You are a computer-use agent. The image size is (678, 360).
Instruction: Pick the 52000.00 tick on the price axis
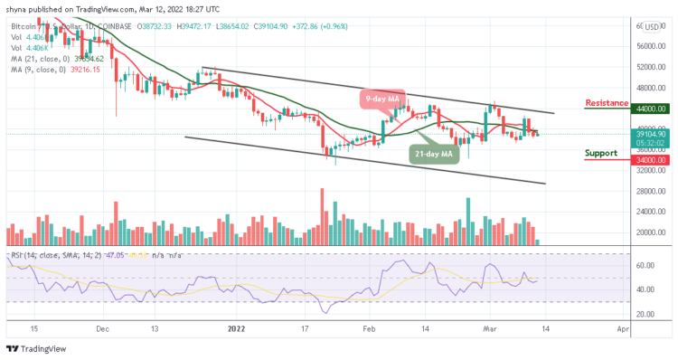(x=650, y=67)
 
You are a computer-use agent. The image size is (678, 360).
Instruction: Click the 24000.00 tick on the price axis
(x=650, y=212)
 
